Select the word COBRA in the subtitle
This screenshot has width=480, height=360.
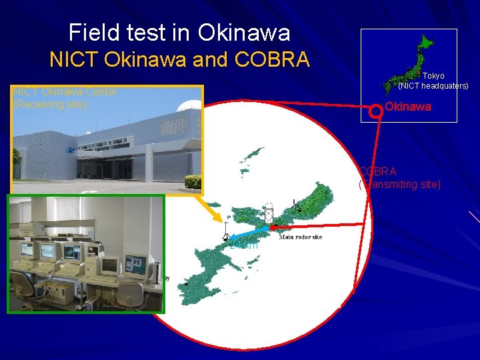click(272, 60)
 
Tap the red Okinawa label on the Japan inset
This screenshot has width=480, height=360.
click(408, 107)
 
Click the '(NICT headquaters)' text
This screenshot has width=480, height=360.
click(433, 86)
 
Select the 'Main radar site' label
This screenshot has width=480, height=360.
click(300, 237)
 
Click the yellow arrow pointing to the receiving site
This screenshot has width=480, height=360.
click(213, 209)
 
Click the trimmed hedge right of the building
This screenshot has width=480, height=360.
click(193, 181)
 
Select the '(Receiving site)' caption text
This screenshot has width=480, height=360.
click(50, 105)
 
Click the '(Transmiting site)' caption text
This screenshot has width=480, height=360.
click(400, 184)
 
